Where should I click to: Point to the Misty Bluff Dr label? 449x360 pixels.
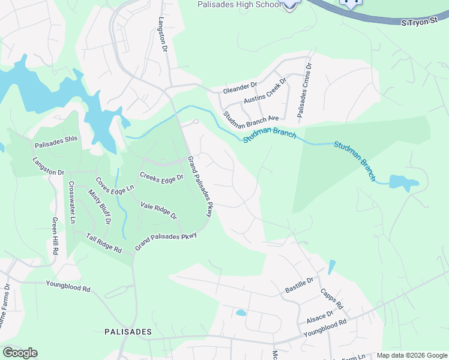(100, 206)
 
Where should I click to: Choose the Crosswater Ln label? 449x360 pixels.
(72, 202)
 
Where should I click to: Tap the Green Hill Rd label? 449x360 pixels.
(54, 236)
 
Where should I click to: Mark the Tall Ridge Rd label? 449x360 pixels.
(104, 242)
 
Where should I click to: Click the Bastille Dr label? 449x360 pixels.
(299, 285)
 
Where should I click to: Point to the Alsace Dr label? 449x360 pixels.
(321, 317)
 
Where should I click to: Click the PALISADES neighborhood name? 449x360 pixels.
(128, 331)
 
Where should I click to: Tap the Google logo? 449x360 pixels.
(20, 353)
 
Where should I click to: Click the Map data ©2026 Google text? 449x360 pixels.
(411, 355)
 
